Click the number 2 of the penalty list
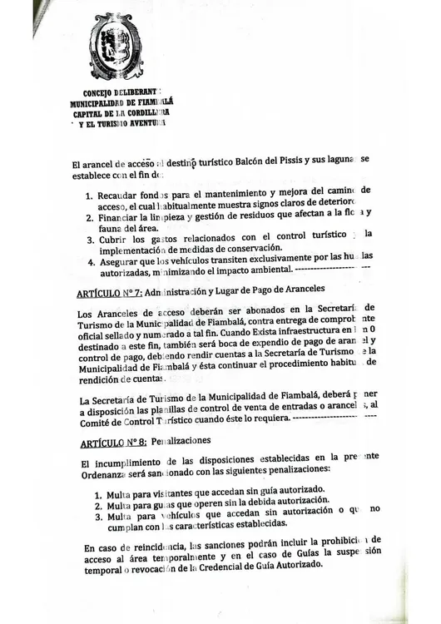pos(97,505)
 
